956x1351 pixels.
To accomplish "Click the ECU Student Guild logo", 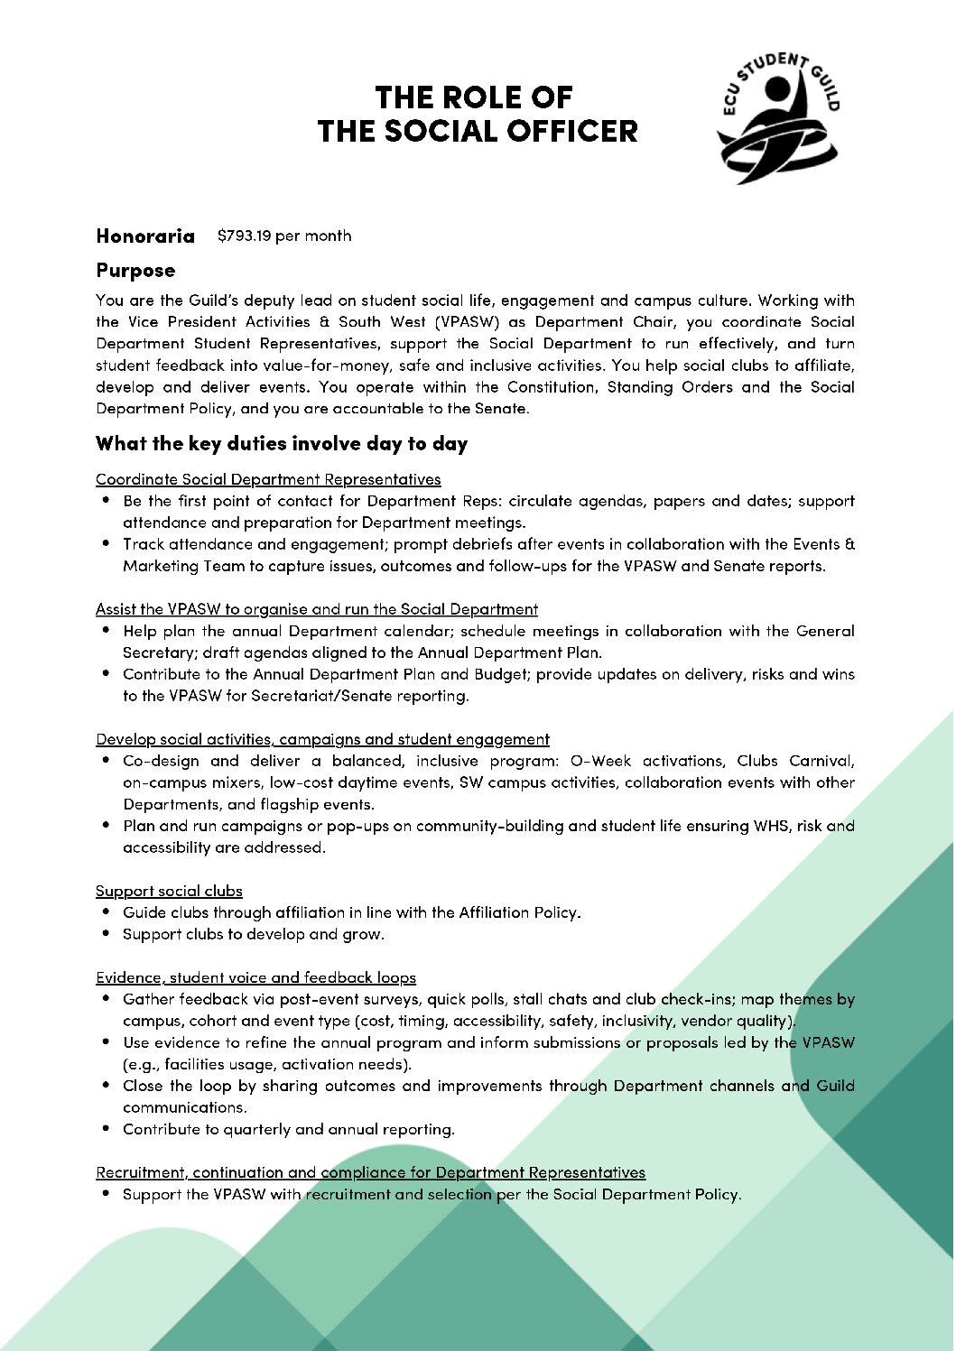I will click(x=778, y=117).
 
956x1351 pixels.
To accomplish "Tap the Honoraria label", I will click(x=145, y=236).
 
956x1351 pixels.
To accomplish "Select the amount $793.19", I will click(x=244, y=236).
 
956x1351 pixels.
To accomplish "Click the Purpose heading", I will click(x=135, y=271).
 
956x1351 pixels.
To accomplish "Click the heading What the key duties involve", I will click(x=282, y=444).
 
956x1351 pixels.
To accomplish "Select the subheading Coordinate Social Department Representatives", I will click(x=268, y=479).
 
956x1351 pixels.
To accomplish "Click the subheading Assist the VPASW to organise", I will click(x=317, y=609).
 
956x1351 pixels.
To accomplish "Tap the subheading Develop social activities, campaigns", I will click(x=322, y=739).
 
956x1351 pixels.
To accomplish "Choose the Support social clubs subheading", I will click(x=169, y=891).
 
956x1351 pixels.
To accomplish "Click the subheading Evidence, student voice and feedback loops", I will click(x=255, y=977).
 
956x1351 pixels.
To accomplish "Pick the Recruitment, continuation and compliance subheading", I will click(x=370, y=1172).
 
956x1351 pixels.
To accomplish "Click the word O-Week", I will click(x=601, y=761).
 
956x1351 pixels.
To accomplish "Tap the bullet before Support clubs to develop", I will click(x=106, y=934).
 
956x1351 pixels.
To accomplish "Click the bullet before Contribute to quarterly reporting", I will click(x=106, y=1129).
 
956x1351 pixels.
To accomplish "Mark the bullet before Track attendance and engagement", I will click(x=106, y=544).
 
